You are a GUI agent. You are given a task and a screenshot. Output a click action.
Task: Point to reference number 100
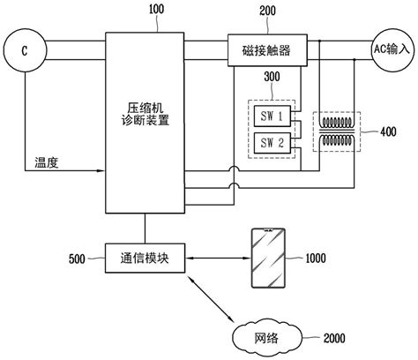coord(156,9)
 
